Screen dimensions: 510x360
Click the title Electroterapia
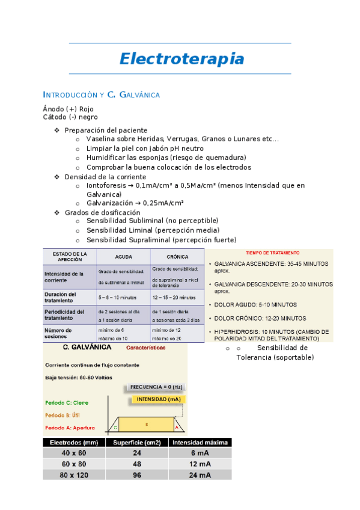(x=181, y=59)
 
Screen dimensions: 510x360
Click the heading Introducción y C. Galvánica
(x=101, y=94)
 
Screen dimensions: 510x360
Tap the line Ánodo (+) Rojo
(x=68, y=109)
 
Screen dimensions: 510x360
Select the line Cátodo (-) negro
(x=70, y=117)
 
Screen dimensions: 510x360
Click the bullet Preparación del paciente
(x=106, y=130)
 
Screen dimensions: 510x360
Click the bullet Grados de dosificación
(x=102, y=212)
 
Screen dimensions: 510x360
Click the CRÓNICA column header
(x=177, y=256)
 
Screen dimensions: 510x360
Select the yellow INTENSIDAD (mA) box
(x=157, y=399)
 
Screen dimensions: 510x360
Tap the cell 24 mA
(x=200, y=475)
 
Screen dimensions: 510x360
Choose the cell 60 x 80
(x=73, y=464)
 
